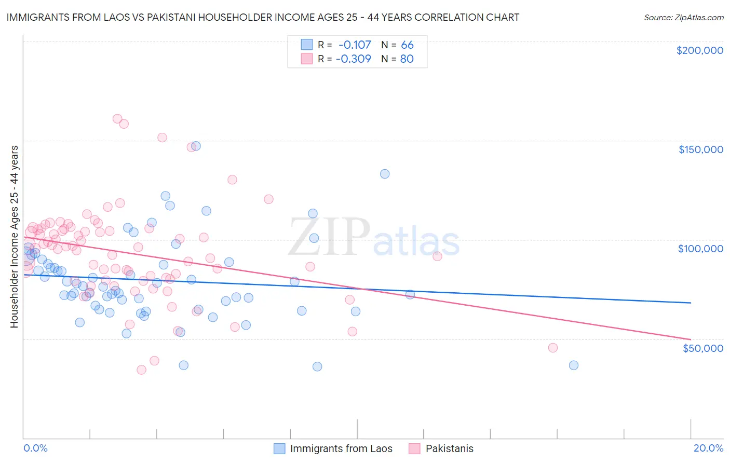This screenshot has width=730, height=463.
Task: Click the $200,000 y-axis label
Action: tap(699, 50)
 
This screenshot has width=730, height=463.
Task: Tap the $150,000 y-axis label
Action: tap(700, 149)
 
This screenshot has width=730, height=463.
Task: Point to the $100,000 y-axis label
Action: tap(700, 249)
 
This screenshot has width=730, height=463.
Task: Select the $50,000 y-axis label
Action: tap(702, 348)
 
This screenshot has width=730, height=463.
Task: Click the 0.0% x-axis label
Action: tap(35, 448)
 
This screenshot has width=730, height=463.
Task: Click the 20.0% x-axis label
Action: tap(708, 448)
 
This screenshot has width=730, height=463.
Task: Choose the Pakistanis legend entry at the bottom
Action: tap(449, 448)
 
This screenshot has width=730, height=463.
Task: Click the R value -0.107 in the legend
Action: tap(355, 45)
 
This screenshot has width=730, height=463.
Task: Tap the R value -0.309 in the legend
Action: tap(354, 59)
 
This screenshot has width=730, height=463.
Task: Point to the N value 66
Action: tap(407, 45)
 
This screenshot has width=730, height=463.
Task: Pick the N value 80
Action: tap(407, 59)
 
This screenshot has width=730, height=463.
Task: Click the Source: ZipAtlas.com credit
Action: tap(683, 17)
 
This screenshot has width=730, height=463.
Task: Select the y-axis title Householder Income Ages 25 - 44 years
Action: tap(14, 236)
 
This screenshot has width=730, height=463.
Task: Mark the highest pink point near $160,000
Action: tap(117, 119)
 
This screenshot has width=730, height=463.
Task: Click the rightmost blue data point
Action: tap(574, 365)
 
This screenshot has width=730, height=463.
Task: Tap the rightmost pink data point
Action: tap(553, 348)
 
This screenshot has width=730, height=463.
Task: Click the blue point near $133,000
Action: tap(385, 174)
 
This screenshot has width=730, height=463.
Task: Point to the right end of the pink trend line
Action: tap(691, 339)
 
